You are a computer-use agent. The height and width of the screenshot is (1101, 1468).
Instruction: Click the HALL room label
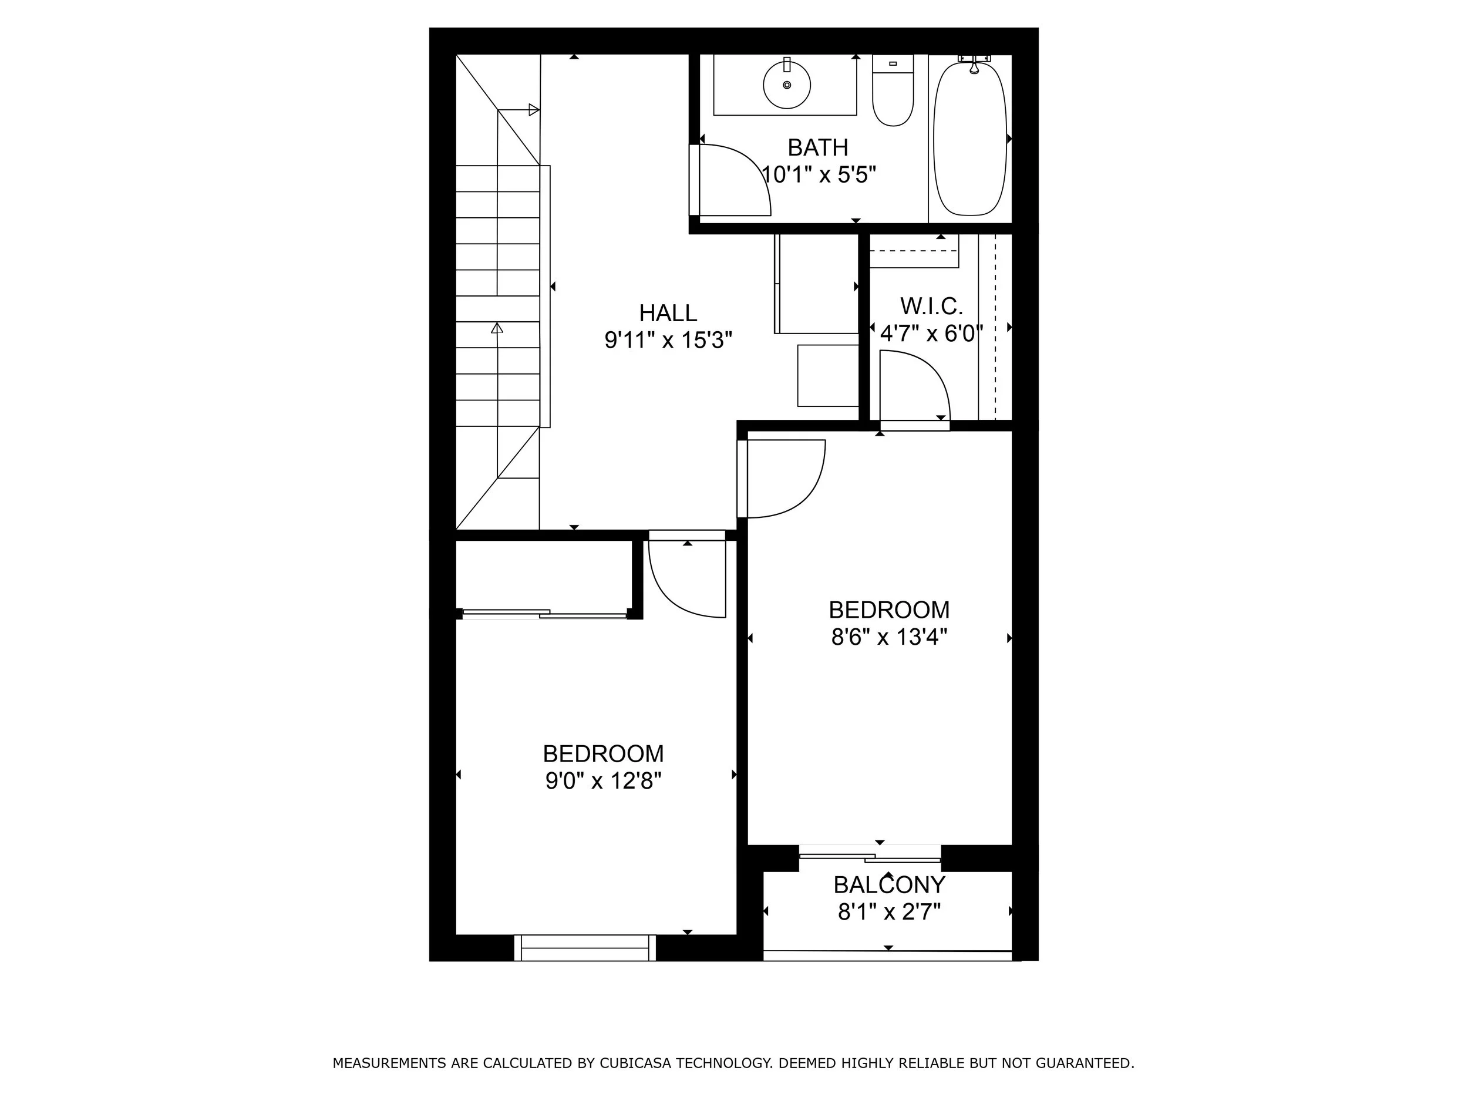[668, 312]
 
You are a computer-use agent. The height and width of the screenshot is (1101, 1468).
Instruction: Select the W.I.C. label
[931, 307]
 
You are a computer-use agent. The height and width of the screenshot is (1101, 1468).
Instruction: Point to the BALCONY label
[889, 885]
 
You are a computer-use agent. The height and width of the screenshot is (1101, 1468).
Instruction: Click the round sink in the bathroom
[786, 85]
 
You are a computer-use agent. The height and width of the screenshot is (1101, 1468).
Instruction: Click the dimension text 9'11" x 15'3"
[668, 341]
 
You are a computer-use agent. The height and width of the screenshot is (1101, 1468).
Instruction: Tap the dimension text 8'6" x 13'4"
[888, 637]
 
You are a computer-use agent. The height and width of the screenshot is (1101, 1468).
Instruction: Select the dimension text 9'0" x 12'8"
[603, 781]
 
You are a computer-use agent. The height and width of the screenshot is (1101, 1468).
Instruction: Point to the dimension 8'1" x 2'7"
[889, 913]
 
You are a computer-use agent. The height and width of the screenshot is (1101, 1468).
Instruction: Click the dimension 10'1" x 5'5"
[819, 175]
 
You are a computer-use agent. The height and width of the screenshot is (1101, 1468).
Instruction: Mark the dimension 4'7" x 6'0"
[931, 333]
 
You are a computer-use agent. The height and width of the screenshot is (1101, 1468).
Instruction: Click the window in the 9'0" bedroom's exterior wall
[585, 948]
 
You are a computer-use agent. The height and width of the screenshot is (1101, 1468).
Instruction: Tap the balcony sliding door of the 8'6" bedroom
[870, 857]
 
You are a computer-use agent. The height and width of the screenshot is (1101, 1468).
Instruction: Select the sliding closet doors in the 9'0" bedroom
[544, 614]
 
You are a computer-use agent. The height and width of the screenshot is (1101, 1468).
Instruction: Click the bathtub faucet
[974, 65]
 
